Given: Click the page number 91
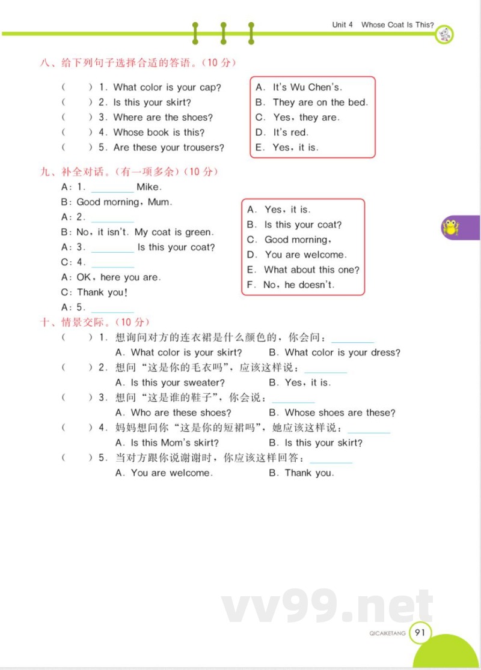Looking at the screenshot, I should coord(420,632).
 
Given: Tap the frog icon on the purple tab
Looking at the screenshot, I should coord(450,228).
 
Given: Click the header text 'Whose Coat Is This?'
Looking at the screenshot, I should coord(397,25).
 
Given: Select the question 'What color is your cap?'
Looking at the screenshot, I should coord(167,87).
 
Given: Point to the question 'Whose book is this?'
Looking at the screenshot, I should coord(159,132).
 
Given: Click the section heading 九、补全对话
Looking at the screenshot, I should coord(77,172).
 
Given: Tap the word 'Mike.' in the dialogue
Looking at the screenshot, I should coord(149,187).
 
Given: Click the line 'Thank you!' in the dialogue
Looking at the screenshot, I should coord(102,292).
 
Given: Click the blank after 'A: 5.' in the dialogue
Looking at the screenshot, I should coord(112,308).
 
